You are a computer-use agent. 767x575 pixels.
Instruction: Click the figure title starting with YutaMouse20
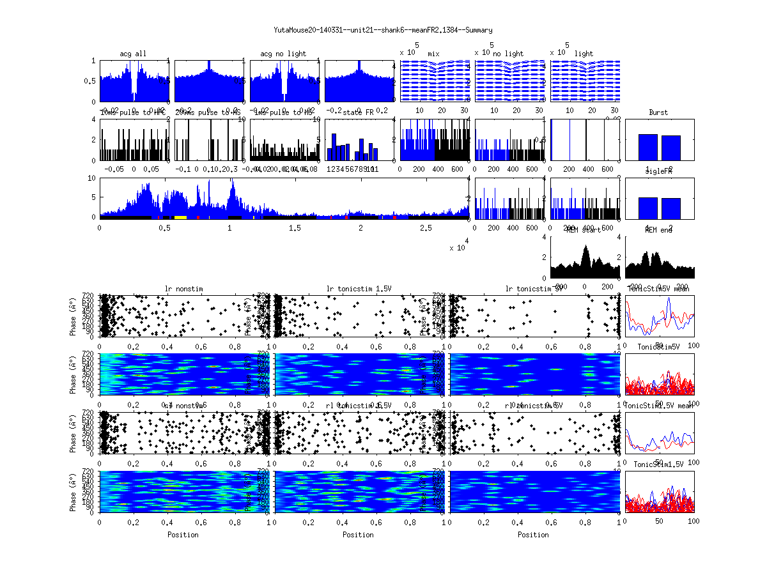click(383, 30)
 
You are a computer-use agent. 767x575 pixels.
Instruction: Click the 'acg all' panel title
click(133, 54)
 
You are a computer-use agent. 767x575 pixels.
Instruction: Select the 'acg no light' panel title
click(283, 54)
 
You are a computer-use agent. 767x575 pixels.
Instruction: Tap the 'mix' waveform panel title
click(434, 54)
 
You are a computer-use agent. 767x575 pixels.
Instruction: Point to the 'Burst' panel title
click(658, 112)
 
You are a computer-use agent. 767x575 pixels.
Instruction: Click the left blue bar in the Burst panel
click(648, 147)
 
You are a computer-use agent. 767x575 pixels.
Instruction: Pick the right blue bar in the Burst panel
click(671, 148)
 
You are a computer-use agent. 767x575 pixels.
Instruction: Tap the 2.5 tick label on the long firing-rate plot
click(426, 228)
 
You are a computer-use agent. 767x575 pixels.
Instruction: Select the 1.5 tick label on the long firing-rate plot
click(295, 228)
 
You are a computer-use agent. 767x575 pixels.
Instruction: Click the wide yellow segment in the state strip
click(180, 217)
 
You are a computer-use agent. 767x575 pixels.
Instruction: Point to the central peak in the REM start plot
click(585, 250)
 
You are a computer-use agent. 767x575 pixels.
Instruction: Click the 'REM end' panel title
click(658, 230)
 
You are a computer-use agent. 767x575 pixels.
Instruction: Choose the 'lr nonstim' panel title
click(184, 289)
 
